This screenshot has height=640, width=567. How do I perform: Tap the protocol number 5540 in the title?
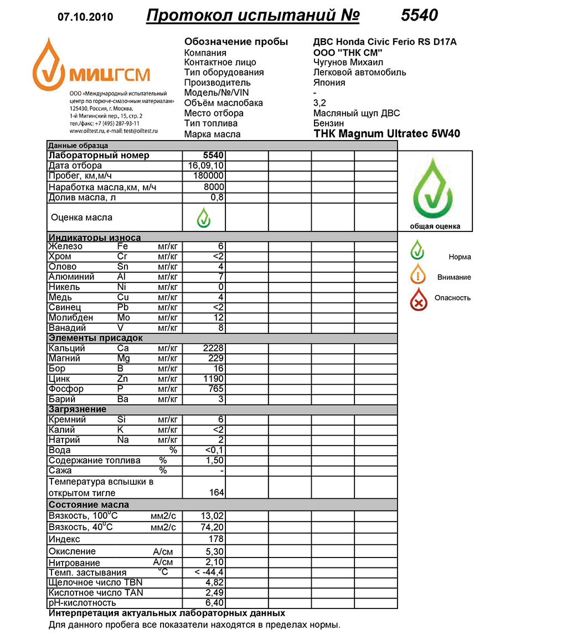tap(419, 16)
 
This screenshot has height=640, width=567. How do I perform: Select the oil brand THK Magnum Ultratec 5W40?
tap(386, 133)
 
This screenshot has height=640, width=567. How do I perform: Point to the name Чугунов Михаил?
tap(348, 62)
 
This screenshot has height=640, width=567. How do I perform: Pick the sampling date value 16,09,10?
tap(206, 166)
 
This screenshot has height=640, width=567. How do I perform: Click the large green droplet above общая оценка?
tap(435, 187)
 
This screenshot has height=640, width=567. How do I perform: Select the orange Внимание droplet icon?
tap(419, 275)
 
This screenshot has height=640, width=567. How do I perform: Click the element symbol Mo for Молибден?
tap(123, 318)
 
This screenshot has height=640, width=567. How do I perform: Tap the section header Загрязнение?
tap(77, 409)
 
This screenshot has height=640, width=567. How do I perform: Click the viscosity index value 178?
tap(216, 539)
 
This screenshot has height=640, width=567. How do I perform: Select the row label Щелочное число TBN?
tap(95, 582)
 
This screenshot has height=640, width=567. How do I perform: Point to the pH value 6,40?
tap(214, 603)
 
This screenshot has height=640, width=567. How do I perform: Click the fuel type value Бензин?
tap(328, 123)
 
